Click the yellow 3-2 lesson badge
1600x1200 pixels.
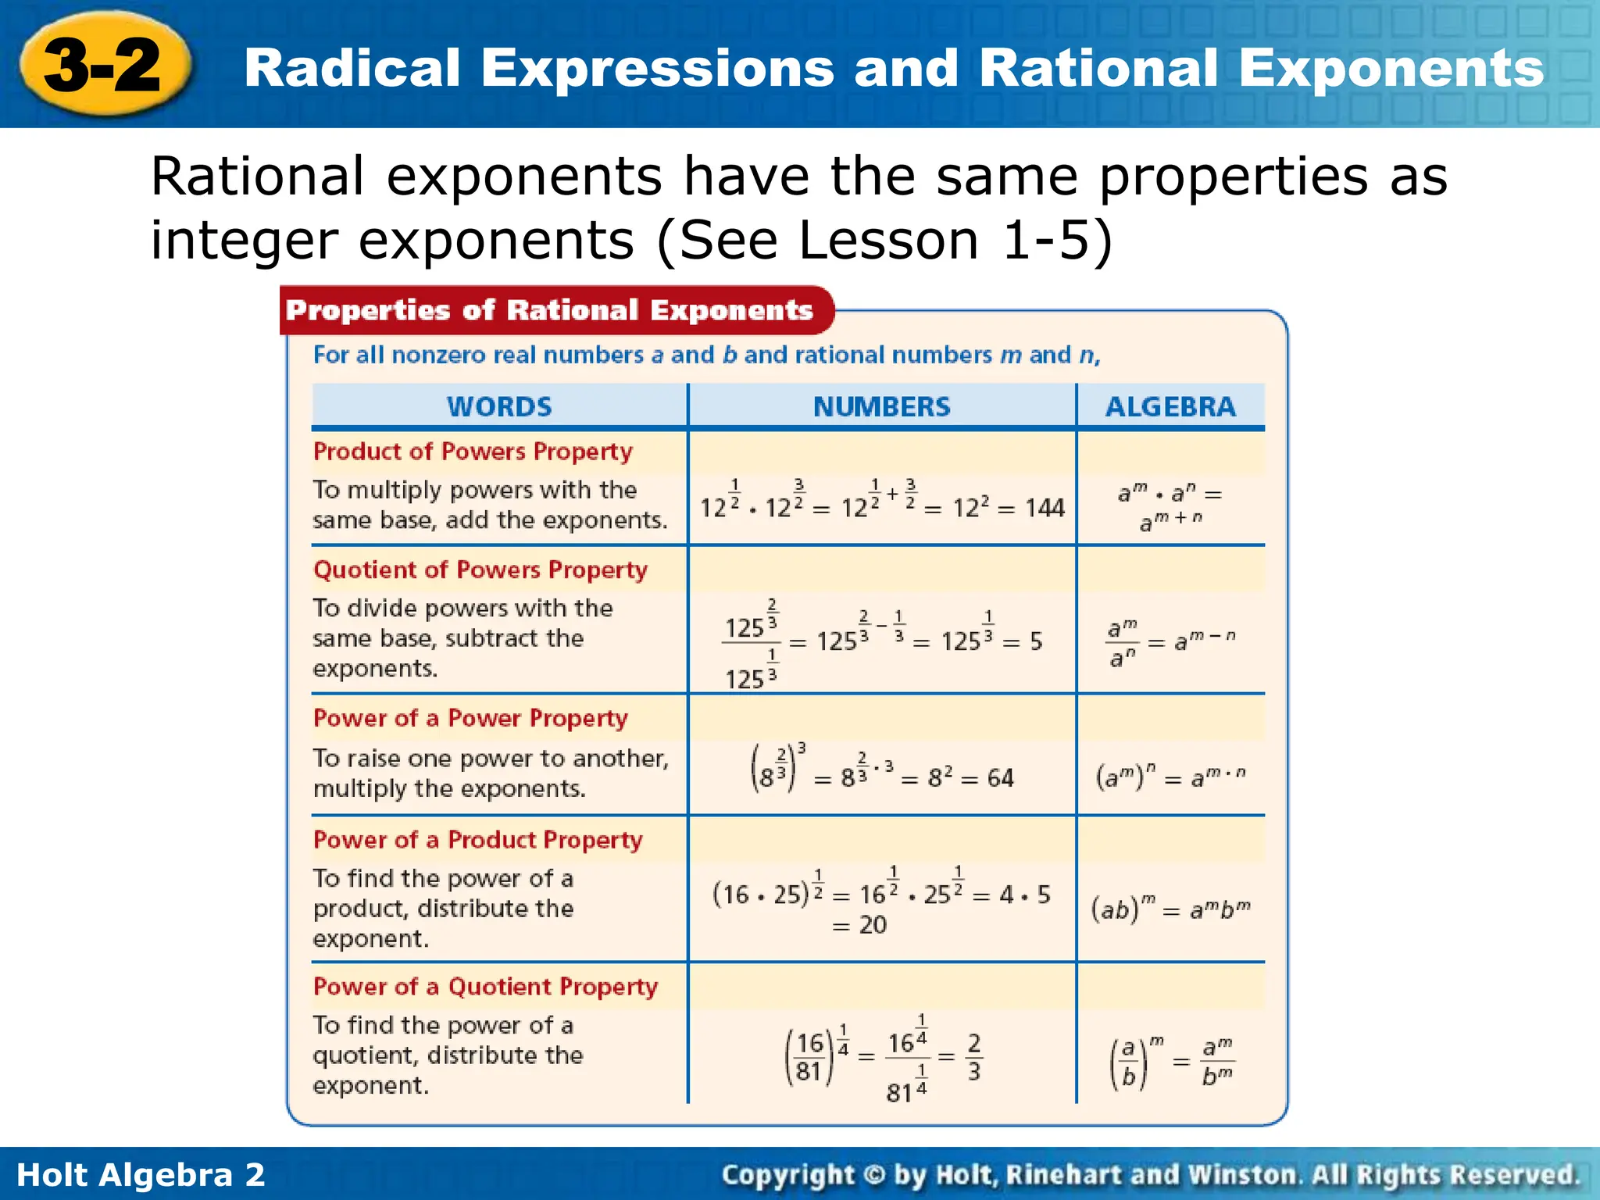[103, 66]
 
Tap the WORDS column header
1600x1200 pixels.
[499, 406]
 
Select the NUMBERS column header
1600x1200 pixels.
[881, 406]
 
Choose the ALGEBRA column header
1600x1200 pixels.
[1170, 406]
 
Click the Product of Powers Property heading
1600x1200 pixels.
[473, 452]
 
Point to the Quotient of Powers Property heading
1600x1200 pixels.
[480, 570]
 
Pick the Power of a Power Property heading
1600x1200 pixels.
[470, 718]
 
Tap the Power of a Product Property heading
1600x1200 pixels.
[477, 840]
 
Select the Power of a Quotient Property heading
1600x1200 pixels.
[485, 987]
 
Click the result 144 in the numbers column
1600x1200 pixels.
[1045, 509]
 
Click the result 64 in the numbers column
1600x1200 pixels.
[1000, 778]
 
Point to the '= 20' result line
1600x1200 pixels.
[859, 925]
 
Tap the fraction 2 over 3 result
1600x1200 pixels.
[973, 1058]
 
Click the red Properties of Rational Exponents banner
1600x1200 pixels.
[549, 310]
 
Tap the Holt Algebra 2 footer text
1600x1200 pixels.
[141, 1175]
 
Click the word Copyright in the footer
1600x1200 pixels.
[787, 1175]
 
